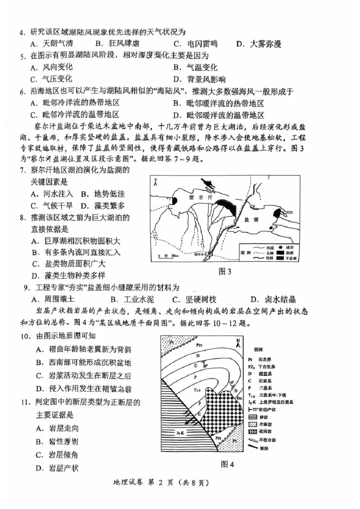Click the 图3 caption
pyautogui.click(x=225, y=272)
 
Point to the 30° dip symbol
pyautogui.click(x=206, y=365)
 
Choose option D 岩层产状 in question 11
pyautogui.click(x=58, y=468)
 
